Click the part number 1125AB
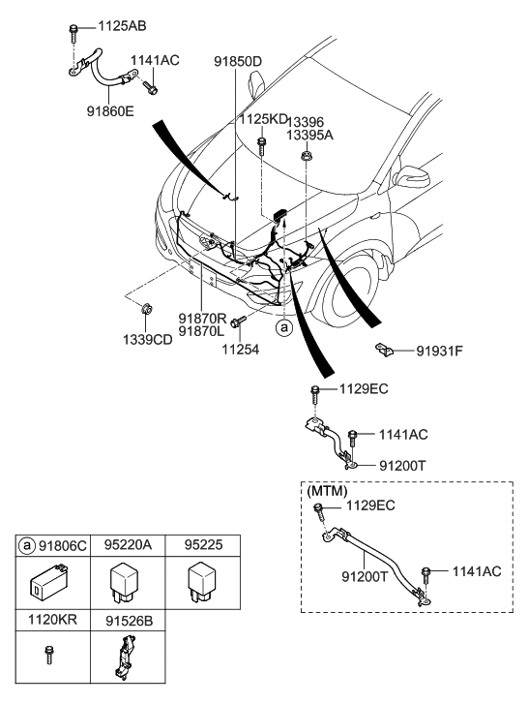point(122,26)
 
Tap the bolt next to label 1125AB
point(73,32)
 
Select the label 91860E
point(110,111)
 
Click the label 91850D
point(238,62)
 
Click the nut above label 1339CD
point(146,309)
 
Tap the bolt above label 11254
point(239,321)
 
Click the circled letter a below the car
point(283,327)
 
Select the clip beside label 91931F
point(384,350)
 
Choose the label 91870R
point(203,319)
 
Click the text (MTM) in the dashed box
point(327,491)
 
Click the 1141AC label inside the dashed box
point(477,571)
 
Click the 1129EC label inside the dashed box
point(370,505)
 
